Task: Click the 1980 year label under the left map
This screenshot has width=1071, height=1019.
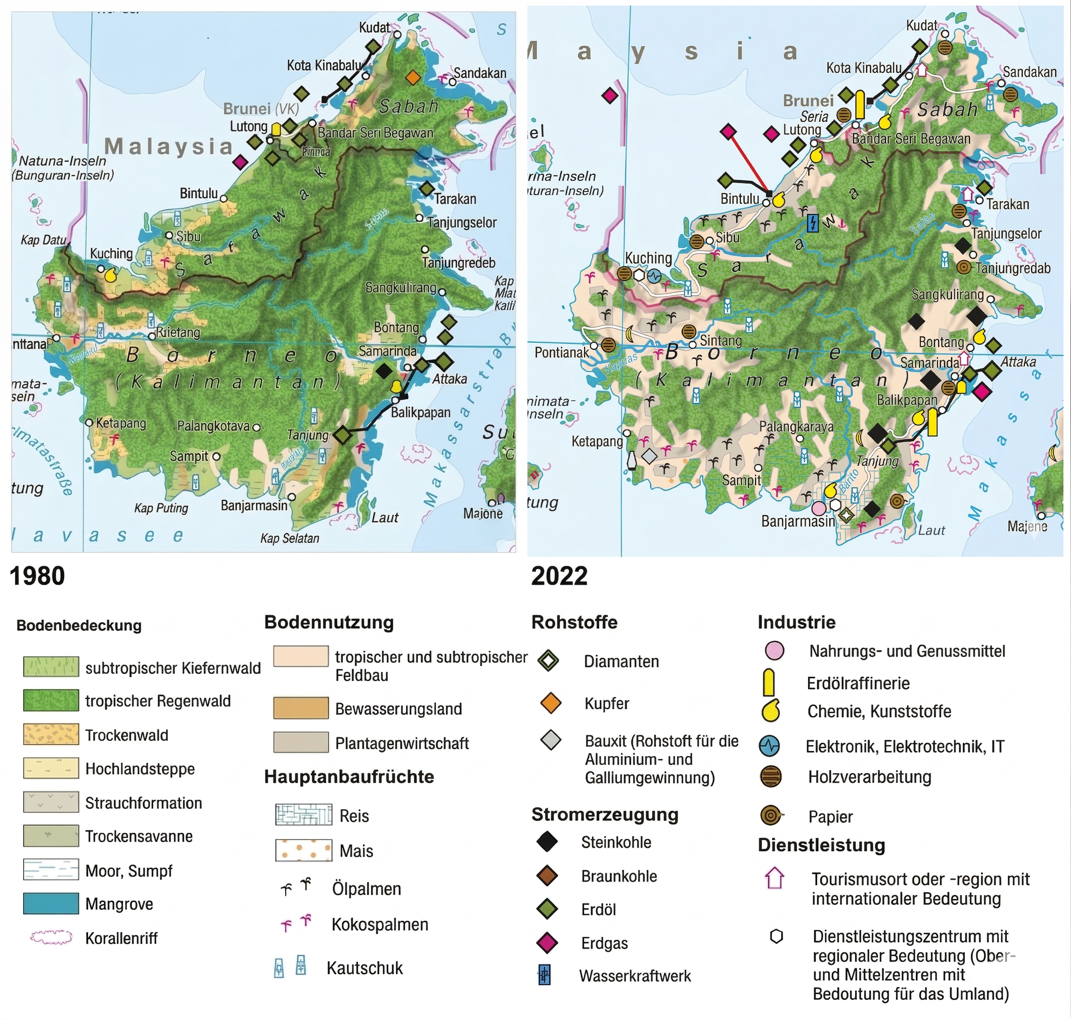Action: point(37,576)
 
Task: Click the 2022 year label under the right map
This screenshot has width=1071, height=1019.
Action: point(559,576)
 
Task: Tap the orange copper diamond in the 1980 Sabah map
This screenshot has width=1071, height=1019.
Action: point(413,78)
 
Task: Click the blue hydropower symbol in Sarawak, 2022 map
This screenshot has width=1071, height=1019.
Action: point(812,223)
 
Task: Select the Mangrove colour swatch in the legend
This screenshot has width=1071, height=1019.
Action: point(51,904)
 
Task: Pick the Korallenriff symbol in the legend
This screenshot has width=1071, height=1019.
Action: point(51,938)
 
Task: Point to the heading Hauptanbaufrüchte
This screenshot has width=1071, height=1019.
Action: point(349,777)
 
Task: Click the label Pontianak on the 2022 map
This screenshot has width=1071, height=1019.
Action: point(561,352)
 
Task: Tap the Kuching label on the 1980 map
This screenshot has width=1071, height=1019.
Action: point(111,254)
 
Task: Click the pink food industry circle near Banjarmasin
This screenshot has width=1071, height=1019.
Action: point(818,508)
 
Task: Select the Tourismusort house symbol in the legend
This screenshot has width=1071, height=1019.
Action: point(774,878)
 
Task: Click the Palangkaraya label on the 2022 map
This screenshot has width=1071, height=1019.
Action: point(796,427)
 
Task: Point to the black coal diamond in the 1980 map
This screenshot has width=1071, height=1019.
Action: point(384,371)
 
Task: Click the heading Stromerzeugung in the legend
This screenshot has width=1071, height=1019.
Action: point(605,815)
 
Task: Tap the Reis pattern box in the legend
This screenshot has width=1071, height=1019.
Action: point(303,815)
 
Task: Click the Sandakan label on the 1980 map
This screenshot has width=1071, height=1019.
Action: point(480,73)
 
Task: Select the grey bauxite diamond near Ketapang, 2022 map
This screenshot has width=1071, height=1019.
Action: point(649,456)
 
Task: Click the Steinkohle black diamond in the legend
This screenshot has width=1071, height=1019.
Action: point(547,842)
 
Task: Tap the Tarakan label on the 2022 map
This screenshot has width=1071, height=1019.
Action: point(1007,204)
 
